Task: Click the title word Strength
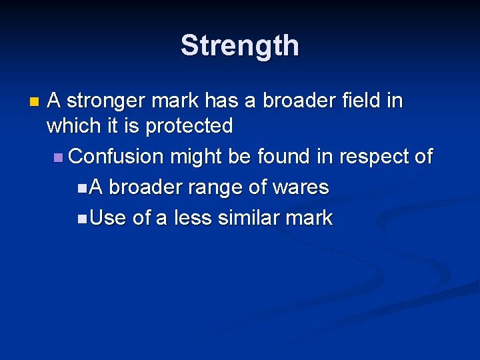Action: pyautogui.click(x=240, y=46)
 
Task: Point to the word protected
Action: pyautogui.click(x=189, y=126)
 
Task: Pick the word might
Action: pyautogui.click(x=197, y=157)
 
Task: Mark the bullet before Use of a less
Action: pyautogui.click(x=81, y=219)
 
